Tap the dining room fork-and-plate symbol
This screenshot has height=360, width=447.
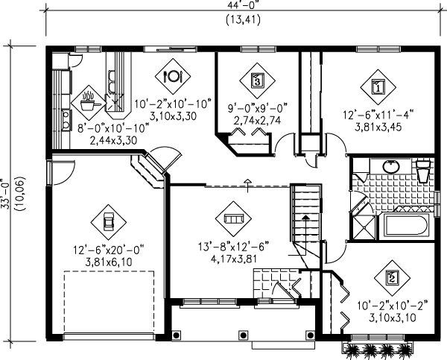coord(172,75)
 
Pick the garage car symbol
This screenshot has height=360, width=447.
coord(107,220)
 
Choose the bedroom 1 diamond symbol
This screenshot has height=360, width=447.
coord(377,86)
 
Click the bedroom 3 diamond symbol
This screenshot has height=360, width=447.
coord(257,77)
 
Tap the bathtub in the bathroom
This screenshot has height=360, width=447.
coord(405,228)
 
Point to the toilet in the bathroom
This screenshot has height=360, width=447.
coord(422,171)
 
